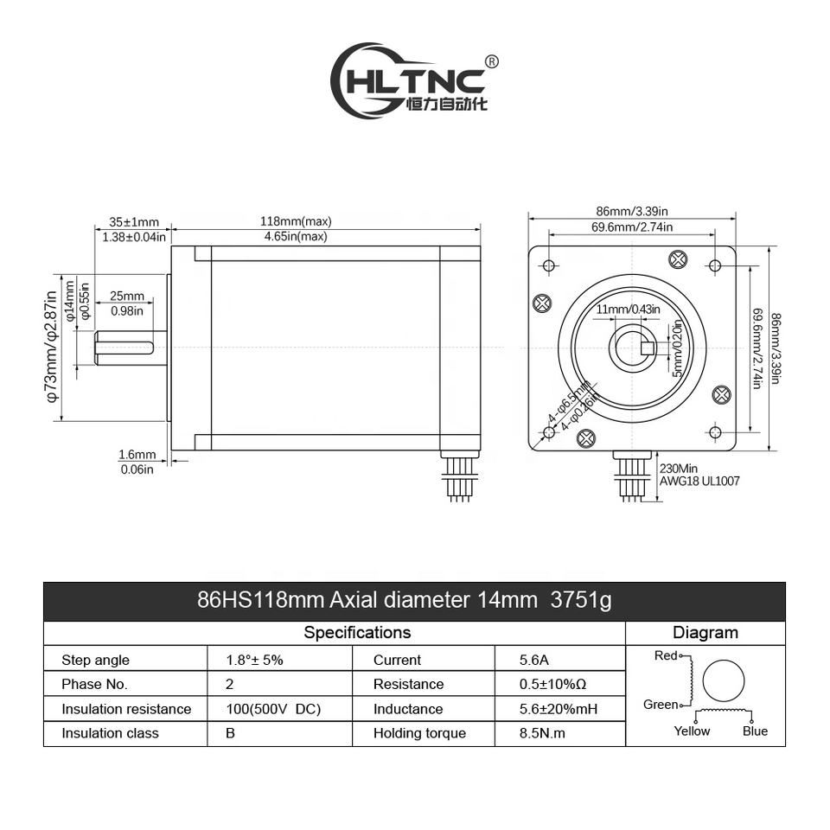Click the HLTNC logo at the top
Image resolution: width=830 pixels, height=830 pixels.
point(413,81)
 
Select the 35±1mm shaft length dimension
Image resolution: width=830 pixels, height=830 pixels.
point(134,221)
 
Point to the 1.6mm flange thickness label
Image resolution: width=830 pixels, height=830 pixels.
point(137,455)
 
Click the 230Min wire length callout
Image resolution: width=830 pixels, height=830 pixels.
point(678,469)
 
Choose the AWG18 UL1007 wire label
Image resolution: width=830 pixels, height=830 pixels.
point(699,482)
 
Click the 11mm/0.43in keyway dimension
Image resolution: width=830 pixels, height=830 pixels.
point(628,310)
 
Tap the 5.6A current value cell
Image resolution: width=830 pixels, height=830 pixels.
point(533,660)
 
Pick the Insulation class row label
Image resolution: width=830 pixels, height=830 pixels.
point(110,733)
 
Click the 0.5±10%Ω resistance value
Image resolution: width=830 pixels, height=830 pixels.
point(553,684)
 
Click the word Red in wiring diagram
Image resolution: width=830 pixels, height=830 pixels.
point(666,655)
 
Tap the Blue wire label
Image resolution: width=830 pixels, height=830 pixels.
point(755,731)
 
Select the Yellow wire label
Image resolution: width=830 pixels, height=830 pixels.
point(692,731)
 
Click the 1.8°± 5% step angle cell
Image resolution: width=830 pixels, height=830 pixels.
point(255,660)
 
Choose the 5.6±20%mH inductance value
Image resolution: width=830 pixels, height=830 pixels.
point(559,709)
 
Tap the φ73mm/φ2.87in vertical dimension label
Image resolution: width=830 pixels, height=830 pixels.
point(51,347)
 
